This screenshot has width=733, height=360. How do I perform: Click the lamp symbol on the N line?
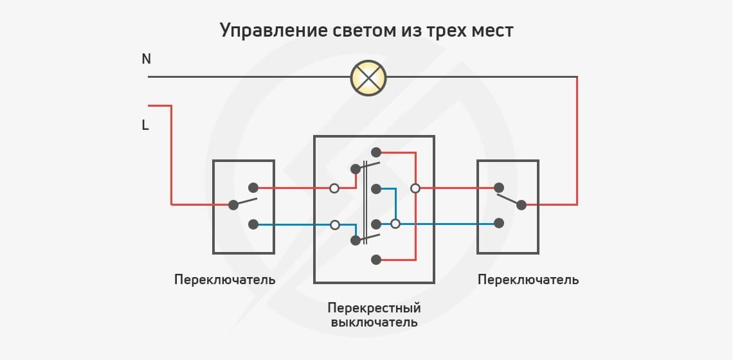click(368, 78)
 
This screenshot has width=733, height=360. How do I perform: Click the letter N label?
click(147, 59)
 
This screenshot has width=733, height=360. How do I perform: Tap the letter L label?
click(145, 126)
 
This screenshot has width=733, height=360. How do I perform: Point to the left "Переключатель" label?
click(224, 280)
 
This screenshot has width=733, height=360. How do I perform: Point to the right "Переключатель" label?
click(528, 280)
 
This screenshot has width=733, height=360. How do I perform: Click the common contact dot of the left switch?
click(233, 205)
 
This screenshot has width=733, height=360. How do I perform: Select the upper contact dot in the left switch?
click(253, 188)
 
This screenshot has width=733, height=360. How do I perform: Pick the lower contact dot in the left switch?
click(253, 224)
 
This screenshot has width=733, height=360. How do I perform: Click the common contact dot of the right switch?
click(521, 205)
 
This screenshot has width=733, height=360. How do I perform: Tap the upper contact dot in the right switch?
click(498, 188)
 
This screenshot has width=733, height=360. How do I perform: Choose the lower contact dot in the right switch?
click(498, 223)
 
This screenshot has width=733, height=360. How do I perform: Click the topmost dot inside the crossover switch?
click(376, 152)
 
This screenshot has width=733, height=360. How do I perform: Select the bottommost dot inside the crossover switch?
click(376, 260)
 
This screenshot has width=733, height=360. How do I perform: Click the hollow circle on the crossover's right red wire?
click(415, 188)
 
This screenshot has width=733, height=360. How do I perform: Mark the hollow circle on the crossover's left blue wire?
click(334, 225)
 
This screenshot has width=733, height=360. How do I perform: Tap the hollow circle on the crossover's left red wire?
click(334, 188)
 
